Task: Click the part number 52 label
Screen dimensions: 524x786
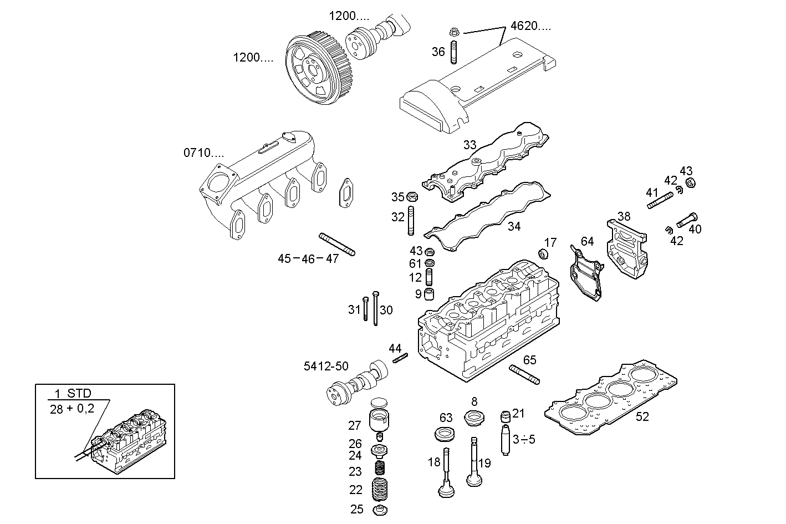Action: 642,416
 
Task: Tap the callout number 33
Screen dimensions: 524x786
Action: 469,145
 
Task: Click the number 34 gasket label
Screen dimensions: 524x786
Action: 514,226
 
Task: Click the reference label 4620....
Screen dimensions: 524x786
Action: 530,26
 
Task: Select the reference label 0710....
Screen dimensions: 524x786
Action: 204,152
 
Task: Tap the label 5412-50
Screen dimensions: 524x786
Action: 326,366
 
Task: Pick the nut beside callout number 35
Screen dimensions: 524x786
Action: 412,196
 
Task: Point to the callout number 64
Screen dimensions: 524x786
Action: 587,241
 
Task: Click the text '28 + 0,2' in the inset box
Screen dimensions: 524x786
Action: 72,409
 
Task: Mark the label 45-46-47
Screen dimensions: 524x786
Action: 308,258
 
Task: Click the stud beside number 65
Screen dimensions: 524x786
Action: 524,374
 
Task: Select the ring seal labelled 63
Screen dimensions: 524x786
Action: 443,434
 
